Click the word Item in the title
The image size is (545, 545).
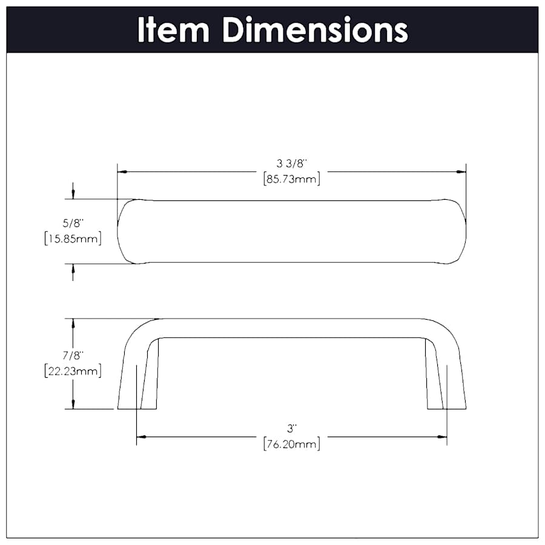[174, 30]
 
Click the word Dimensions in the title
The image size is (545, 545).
[315, 30]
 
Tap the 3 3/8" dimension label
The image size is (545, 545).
[292, 163]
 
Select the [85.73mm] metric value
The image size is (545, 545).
[292, 179]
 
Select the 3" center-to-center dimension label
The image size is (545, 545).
[292, 429]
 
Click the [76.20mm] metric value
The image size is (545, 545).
[292, 444]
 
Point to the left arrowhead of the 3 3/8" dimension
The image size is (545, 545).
[121, 171]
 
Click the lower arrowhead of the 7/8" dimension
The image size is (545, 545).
[73, 404]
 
